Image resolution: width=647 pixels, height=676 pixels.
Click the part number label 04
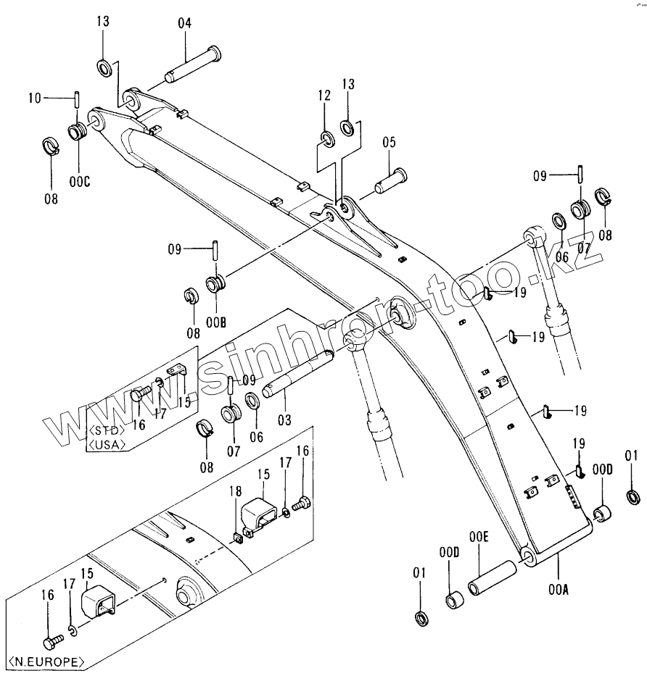pos(184,24)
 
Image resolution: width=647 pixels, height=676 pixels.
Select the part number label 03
pos(284,418)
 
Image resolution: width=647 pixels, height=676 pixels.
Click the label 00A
pos(559,590)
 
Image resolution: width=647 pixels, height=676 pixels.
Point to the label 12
pos(323,95)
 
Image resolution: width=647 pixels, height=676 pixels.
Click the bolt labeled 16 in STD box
pos(139,394)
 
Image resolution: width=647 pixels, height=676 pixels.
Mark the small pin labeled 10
pos(76,98)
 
